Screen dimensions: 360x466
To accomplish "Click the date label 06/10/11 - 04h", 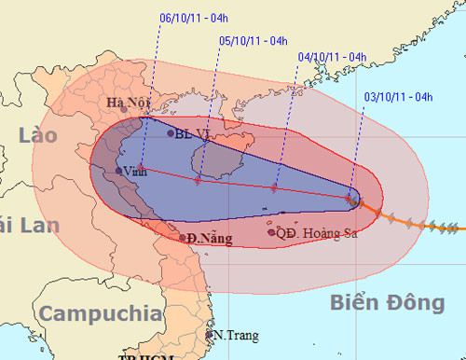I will [194, 16].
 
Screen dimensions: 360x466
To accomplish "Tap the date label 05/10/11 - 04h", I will [252, 40].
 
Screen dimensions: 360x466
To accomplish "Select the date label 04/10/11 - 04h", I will [331, 56].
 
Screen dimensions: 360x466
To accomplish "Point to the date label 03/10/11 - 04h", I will [394, 96].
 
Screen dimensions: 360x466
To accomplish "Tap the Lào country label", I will [37, 136].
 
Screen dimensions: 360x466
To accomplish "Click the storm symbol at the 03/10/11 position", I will [351, 198].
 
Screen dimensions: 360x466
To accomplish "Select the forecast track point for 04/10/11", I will [274, 188].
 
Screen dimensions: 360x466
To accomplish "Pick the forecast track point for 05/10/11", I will [198, 179].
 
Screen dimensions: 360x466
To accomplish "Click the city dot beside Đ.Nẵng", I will [183, 238].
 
